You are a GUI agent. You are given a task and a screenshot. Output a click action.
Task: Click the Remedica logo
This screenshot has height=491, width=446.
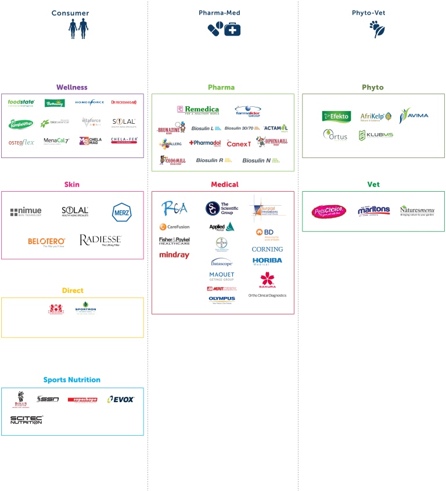(x=198, y=110)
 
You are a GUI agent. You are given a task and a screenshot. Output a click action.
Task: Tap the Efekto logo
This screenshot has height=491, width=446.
(x=337, y=116)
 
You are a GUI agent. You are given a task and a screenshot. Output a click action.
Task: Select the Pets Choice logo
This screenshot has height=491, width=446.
(x=329, y=211)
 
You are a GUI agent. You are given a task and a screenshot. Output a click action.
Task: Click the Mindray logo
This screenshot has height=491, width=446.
(x=174, y=255)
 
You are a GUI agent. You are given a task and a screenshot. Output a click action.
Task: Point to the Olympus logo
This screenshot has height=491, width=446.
(x=222, y=300)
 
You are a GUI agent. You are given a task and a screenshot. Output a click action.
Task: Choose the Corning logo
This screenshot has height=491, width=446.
(x=267, y=249)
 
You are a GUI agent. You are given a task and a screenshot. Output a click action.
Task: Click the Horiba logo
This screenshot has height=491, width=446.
(x=267, y=261)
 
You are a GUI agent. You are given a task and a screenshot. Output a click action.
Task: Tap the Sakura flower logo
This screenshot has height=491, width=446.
(x=268, y=279)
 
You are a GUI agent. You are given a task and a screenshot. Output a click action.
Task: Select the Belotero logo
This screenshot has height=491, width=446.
(x=46, y=242)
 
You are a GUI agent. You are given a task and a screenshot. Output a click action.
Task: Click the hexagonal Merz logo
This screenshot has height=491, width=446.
(x=121, y=212)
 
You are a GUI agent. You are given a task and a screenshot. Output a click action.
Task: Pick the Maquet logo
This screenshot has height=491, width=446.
(x=222, y=276)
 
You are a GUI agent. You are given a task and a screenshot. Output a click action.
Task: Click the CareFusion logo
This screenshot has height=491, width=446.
(x=174, y=227)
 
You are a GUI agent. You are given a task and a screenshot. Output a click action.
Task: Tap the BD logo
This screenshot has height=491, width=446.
(x=267, y=234)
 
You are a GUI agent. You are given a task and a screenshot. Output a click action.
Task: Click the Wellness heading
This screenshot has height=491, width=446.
(x=72, y=87)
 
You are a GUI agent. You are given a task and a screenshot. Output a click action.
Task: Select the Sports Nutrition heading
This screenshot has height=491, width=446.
(x=72, y=379)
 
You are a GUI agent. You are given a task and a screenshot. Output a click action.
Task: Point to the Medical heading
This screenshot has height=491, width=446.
(x=224, y=184)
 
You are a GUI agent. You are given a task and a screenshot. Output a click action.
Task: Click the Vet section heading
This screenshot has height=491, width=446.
(x=373, y=184)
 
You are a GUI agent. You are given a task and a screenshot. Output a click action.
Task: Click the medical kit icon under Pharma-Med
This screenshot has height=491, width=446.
(x=232, y=28)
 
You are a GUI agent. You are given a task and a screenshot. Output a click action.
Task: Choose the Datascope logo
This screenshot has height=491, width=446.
(x=222, y=262)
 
